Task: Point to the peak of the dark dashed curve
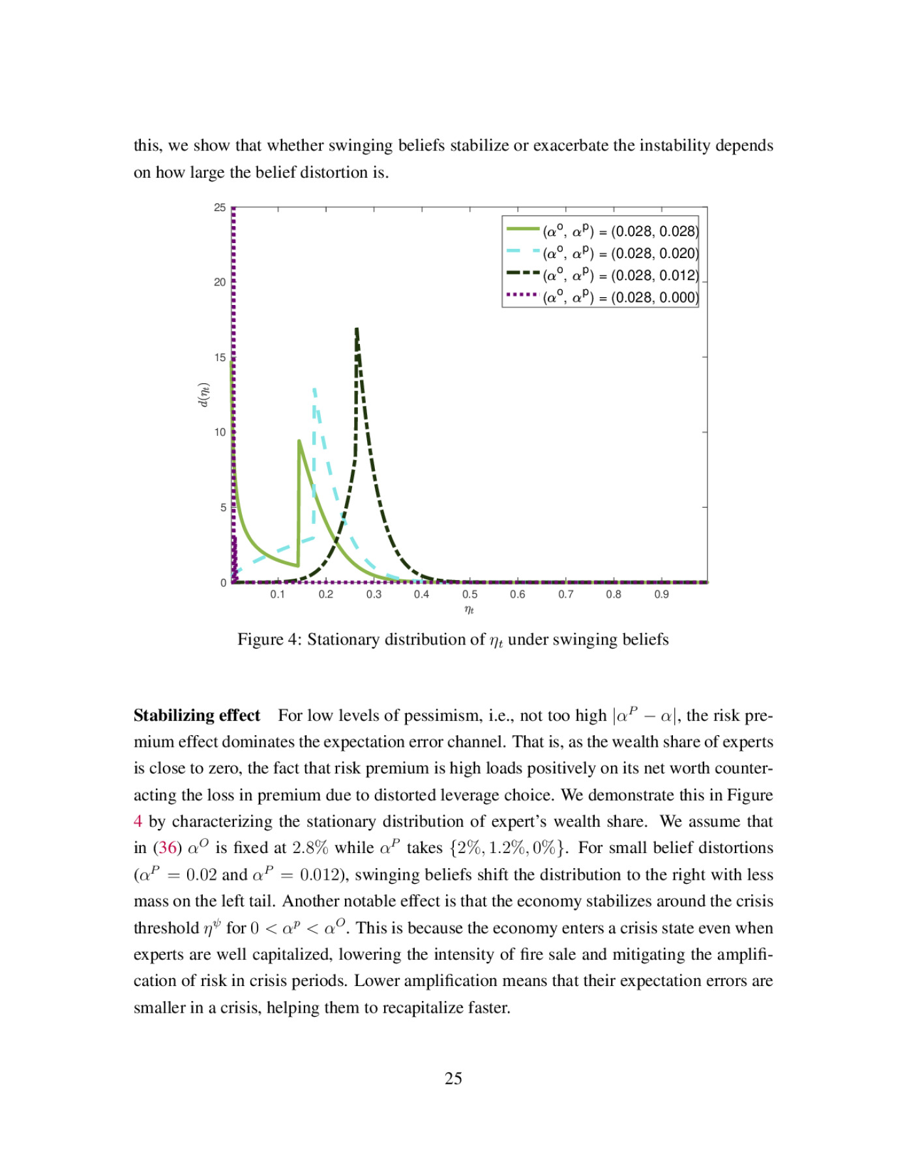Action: [x=357, y=329]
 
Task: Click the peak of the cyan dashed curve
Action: [x=314, y=389]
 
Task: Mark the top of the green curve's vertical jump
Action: [x=299, y=441]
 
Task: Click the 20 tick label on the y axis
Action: [x=220, y=282]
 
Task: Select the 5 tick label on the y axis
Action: [x=223, y=508]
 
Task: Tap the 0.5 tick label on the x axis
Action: [x=469, y=594]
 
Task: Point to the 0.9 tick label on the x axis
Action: [x=661, y=594]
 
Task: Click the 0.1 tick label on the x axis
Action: [x=278, y=594]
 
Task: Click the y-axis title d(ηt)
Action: [x=203, y=395]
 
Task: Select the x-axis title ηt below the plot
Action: [x=469, y=610]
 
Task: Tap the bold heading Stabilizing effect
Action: [x=196, y=716]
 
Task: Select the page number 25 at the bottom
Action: [x=453, y=1079]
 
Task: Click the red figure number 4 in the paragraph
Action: [x=138, y=822]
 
